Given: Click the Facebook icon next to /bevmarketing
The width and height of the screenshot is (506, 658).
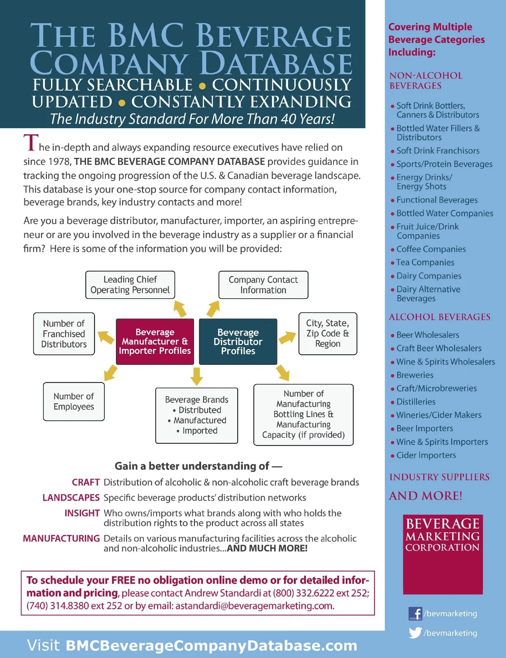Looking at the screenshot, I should point(415,613).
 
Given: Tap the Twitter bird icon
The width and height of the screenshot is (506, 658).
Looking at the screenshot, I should point(415,633).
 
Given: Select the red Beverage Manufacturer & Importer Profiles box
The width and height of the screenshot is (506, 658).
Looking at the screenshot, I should point(155,341).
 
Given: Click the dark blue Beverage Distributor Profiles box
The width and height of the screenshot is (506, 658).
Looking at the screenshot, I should point(238,341).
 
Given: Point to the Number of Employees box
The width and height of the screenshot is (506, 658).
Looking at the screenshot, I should point(74,401).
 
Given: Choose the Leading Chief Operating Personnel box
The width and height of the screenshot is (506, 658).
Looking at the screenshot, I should point(130,285).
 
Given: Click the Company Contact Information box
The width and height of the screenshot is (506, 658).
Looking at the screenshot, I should point(263,285).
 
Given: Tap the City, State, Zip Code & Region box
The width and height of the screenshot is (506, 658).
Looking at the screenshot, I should point(328,333).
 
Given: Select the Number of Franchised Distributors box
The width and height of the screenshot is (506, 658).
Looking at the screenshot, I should point(64,334).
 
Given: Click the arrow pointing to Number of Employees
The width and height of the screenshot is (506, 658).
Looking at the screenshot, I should point(110,373).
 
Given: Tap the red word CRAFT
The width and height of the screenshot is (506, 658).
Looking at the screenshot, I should point(86,482).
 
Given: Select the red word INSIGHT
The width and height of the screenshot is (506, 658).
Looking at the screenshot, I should point(82,513).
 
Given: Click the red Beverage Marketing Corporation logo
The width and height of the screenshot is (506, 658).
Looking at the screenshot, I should point(443,554).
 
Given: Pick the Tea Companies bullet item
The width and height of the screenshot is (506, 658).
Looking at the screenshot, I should point(425,262).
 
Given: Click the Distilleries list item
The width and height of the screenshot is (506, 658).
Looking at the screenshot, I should point(416,402).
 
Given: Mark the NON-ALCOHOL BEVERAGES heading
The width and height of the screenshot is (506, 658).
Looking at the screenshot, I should point(426,81).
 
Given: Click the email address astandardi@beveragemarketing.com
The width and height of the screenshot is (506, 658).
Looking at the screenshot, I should point(255,606).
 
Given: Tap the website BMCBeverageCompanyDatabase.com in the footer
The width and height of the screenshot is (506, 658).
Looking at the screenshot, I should point(211,645).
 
